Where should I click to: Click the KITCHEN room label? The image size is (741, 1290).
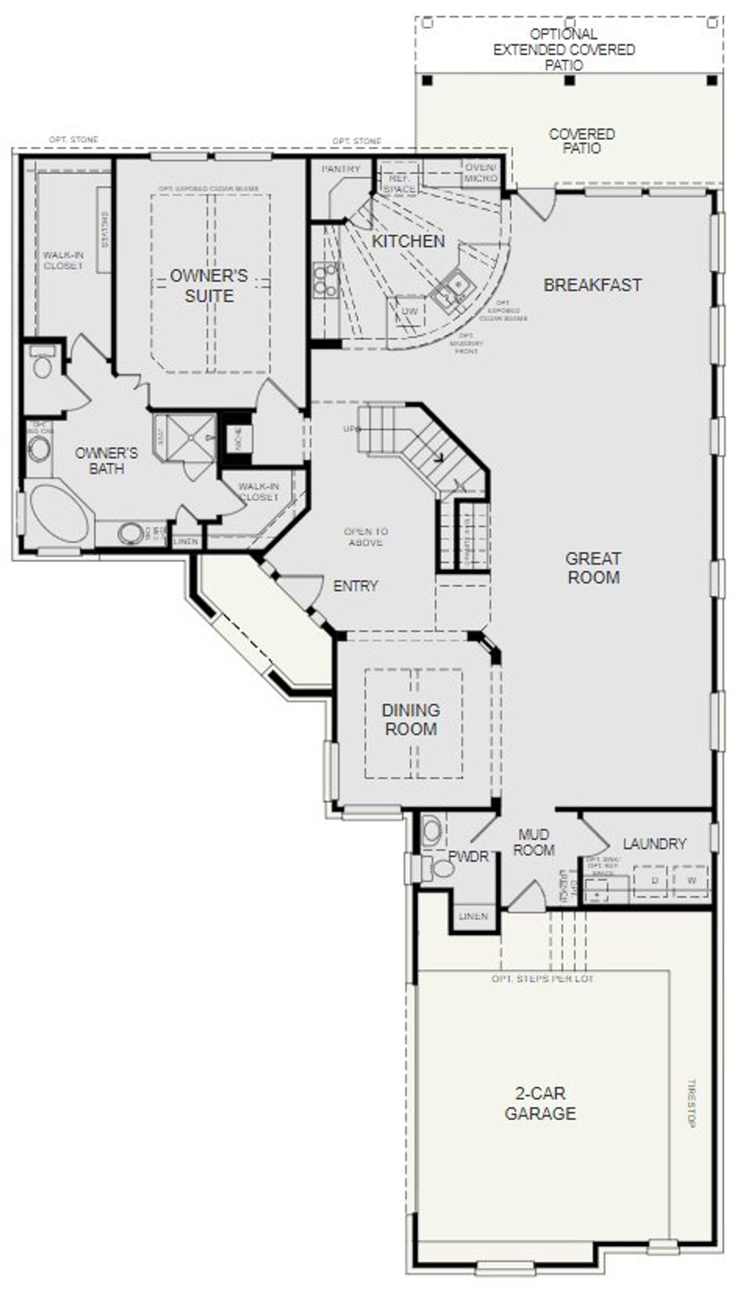click(x=408, y=241)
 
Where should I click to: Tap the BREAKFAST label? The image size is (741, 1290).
click(x=592, y=285)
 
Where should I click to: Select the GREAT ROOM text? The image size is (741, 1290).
click(x=593, y=568)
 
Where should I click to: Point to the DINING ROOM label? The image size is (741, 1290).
click(x=411, y=720)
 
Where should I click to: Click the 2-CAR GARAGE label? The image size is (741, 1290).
click(x=540, y=1104)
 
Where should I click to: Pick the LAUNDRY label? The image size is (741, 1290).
click(x=655, y=844)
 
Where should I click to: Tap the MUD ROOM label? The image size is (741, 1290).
click(x=534, y=842)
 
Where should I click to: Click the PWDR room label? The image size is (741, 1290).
click(x=468, y=857)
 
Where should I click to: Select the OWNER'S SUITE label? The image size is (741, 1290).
click(x=209, y=285)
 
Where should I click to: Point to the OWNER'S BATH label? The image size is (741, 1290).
click(x=107, y=461)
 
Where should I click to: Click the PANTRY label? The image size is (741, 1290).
click(x=341, y=169)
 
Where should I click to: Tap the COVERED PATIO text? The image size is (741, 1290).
click(x=582, y=141)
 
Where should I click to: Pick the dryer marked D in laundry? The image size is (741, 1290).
click(x=655, y=881)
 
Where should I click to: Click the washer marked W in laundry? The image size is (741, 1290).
click(x=691, y=881)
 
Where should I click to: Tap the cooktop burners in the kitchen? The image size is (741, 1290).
click(x=325, y=280)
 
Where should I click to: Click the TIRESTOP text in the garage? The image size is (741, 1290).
click(x=691, y=1103)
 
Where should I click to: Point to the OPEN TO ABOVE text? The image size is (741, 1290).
click(x=366, y=537)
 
